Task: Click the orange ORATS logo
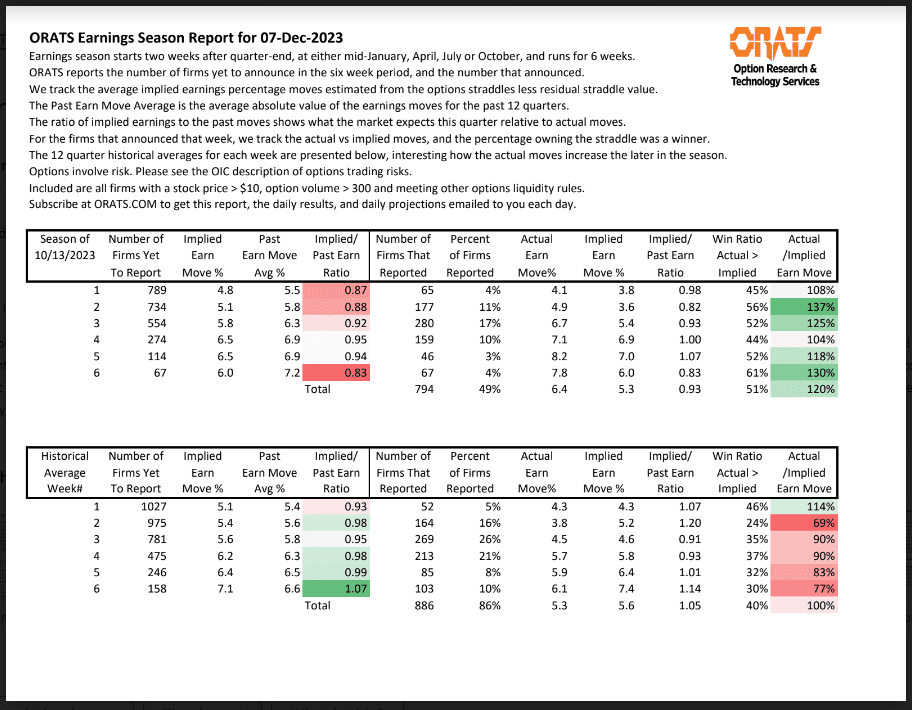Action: click(x=776, y=44)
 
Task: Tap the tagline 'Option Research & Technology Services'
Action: click(x=775, y=75)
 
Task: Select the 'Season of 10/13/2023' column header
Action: click(x=64, y=255)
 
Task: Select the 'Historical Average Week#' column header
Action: click(x=64, y=472)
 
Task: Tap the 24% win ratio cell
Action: click(x=756, y=522)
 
